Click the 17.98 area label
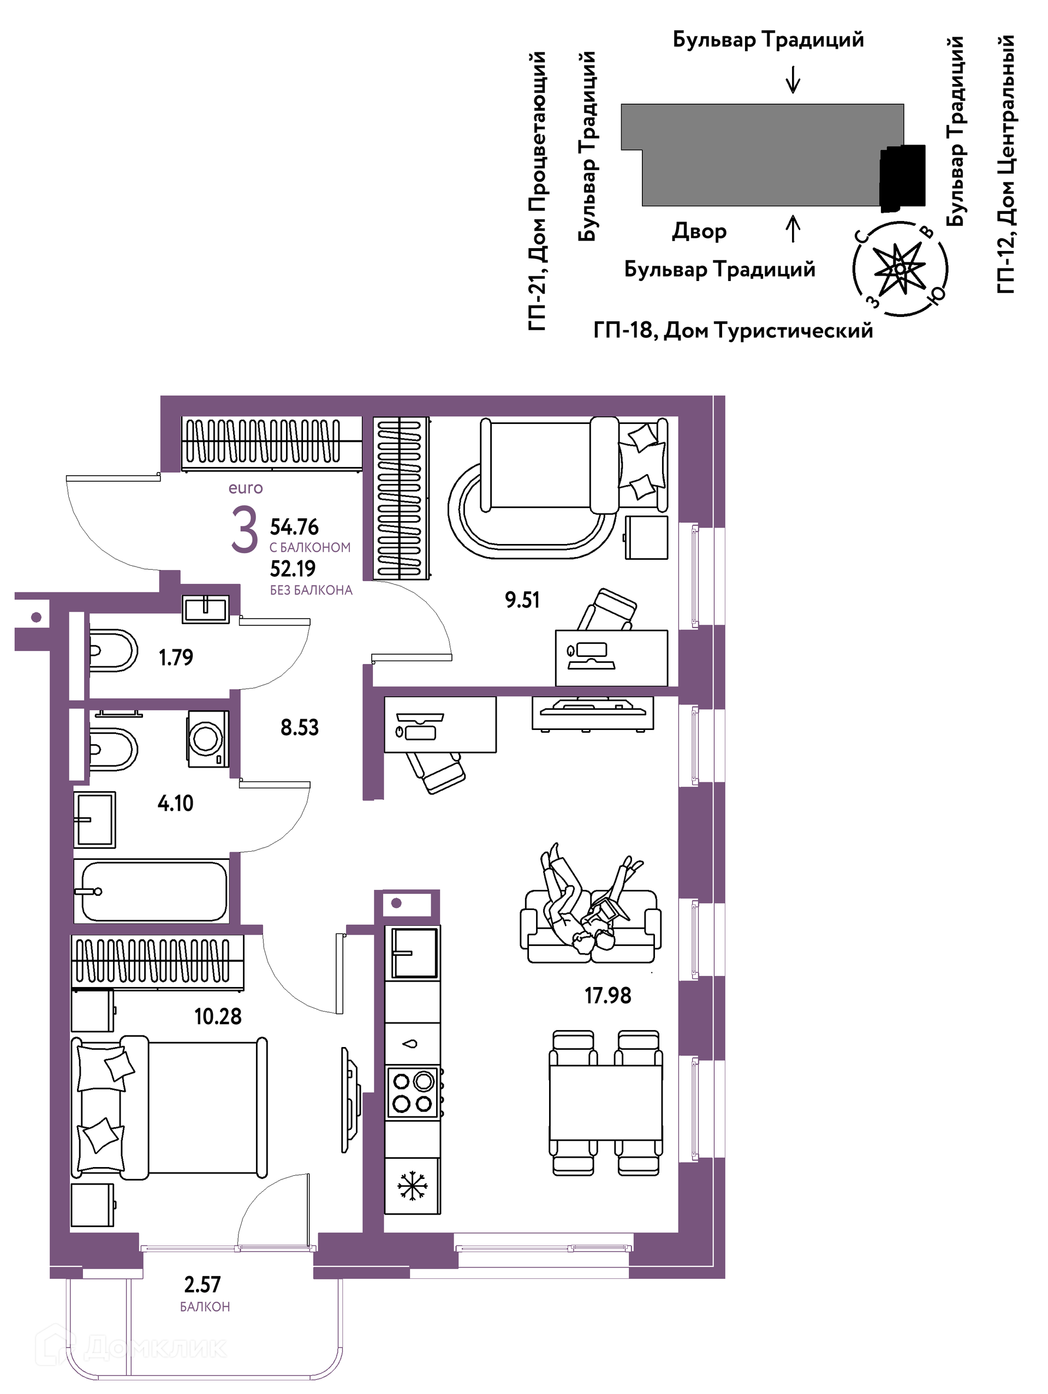[x=607, y=995]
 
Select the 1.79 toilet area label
[x=176, y=657]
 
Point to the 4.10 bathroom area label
[x=175, y=803]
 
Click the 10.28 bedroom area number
[x=218, y=1016]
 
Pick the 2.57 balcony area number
[x=203, y=1284]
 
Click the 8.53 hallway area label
[x=300, y=727]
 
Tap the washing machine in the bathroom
[x=207, y=739]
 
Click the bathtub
[x=151, y=891]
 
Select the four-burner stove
[x=413, y=1092]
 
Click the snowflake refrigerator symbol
[x=413, y=1186]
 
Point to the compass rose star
[x=900, y=268]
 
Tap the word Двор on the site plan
[x=699, y=231]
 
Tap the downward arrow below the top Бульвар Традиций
[x=793, y=80]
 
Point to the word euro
[x=245, y=488]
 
